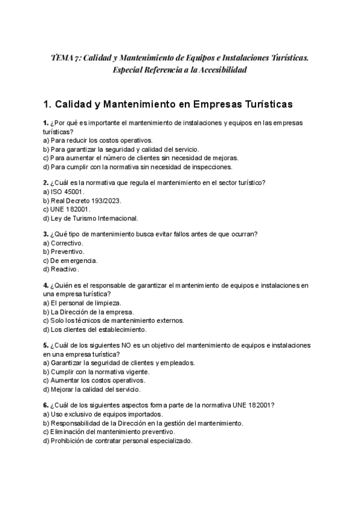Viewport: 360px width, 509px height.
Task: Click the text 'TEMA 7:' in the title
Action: coord(65,58)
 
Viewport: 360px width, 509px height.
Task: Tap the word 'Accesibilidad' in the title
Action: coord(219,70)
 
